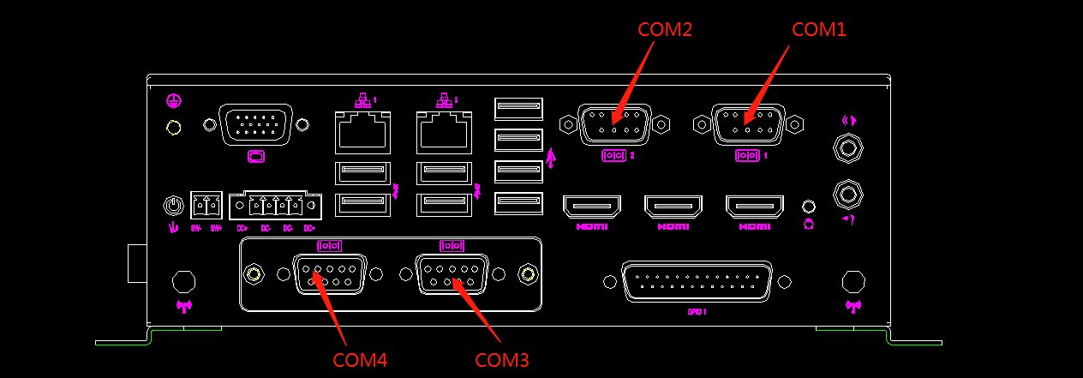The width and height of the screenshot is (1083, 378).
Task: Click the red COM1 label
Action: [x=818, y=29]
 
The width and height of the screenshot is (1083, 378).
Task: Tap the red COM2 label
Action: [x=665, y=29]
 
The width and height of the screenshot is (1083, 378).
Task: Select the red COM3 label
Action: [x=502, y=360]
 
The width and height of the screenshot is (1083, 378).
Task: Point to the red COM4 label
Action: [x=360, y=360]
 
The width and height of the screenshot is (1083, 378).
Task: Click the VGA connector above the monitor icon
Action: [x=255, y=125]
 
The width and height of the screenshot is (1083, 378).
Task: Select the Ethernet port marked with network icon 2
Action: [x=444, y=132]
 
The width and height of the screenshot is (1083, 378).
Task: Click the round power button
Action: [x=173, y=206]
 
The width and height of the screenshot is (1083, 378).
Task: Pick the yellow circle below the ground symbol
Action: [x=173, y=129]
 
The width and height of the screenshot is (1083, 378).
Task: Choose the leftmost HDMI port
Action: [x=591, y=207]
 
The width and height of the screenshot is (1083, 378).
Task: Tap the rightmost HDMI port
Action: [x=755, y=207]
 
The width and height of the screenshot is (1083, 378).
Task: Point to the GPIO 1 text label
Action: [x=697, y=312]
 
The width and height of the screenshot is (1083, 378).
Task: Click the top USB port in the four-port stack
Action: [x=518, y=109]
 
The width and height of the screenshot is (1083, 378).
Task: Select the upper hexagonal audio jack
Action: [x=847, y=148]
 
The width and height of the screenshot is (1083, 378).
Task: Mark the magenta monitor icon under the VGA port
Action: [x=255, y=156]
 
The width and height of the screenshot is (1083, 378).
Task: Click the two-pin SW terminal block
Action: [x=206, y=206]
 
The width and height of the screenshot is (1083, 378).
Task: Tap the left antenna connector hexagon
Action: [x=182, y=281]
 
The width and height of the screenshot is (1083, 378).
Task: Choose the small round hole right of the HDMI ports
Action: [x=808, y=207]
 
